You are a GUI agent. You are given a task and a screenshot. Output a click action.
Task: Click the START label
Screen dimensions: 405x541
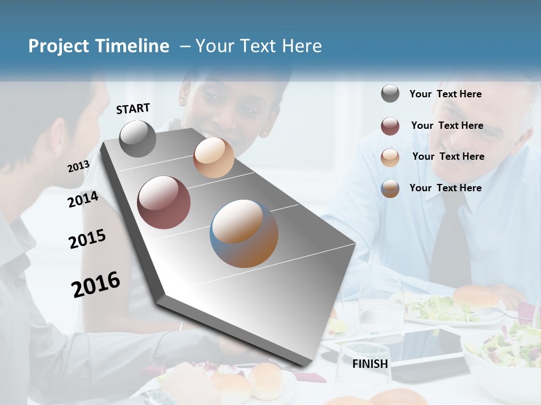(x=133, y=109)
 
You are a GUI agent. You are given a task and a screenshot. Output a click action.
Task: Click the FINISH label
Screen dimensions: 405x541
(x=370, y=364)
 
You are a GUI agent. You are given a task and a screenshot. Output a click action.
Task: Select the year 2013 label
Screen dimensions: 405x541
(x=78, y=166)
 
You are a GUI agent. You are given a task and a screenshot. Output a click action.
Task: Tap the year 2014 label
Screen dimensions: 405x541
(x=83, y=200)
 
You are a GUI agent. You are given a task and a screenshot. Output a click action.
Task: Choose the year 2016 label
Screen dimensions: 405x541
(x=96, y=285)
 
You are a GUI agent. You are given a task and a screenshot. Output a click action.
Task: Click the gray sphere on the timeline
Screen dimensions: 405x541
(x=138, y=139)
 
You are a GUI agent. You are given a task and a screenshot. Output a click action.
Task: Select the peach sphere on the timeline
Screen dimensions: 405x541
(x=214, y=157)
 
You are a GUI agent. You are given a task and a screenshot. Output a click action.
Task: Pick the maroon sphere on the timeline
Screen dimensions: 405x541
(x=164, y=202)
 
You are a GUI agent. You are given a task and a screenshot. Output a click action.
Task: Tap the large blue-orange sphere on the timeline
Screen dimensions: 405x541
(x=244, y=233)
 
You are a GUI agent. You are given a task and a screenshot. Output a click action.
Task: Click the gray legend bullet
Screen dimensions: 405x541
(x=390, y=94)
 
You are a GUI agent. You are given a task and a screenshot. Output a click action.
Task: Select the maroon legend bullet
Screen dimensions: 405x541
(x=390, y=126)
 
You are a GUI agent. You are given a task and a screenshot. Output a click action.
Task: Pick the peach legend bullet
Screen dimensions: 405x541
(x=390, y=157)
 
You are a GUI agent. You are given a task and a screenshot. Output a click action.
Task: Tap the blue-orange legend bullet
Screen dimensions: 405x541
(x=390, y=188)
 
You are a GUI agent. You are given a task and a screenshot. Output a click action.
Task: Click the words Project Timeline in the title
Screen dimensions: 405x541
(x=99, y=46)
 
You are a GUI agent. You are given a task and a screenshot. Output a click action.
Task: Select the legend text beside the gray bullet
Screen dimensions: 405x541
(x=445, y=94)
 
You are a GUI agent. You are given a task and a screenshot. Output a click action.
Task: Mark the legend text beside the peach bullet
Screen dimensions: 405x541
(x=448, y=156)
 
